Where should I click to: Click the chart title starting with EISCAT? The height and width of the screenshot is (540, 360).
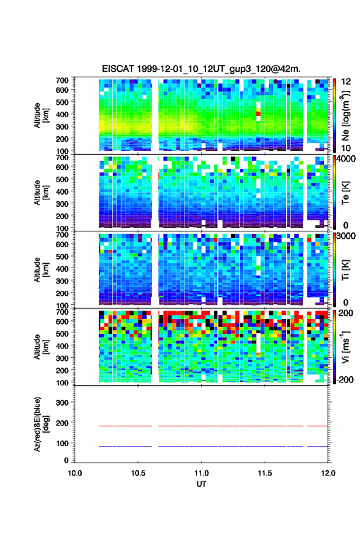coord(201,69)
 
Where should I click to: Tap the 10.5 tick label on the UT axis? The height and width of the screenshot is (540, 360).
coord(138,473)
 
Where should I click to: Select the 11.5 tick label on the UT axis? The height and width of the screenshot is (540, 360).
coord(265,473)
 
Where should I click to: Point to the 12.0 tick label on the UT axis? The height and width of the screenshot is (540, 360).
coord(328,473)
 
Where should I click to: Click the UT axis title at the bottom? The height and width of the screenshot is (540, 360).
coord(201,484)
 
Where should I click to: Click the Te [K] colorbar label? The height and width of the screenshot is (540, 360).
coord(345,193)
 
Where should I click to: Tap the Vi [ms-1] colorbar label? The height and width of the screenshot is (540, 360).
coord(345,347)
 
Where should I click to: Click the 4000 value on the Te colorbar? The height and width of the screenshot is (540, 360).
coord(346,159)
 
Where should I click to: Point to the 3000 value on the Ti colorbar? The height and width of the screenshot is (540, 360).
coord(346,236)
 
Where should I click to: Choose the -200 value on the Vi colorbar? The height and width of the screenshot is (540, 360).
coord(343,380)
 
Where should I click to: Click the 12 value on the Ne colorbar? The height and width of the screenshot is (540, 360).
coord(347,82)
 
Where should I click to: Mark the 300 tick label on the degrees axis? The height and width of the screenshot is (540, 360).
coord(62,403)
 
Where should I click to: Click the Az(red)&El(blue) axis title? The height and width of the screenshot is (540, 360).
coord(40,424)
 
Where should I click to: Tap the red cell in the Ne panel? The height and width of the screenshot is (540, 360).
coord(258,114)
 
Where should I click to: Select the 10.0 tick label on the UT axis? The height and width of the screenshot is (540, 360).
coord(75,473)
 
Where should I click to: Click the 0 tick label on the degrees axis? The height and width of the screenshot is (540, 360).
coord(66,460)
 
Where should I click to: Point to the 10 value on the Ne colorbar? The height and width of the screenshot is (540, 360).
coord(347,148)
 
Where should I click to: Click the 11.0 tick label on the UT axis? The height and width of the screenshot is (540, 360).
coord(201,473)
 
